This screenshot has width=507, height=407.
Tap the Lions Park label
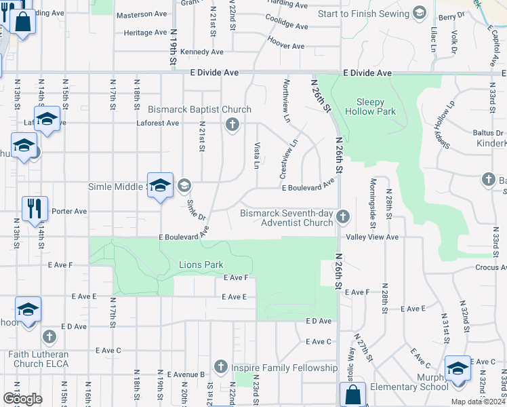tap(201, 264)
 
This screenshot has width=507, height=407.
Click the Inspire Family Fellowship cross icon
tap(220, 368)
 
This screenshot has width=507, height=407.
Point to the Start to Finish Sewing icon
tap(419, 13)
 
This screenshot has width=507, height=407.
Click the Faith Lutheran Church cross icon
tap(49, 336)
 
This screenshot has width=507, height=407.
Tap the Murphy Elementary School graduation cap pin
tap(458, 370)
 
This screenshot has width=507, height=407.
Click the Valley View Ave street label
tap(372, 237)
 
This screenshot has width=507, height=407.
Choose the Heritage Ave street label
tap(146, 33)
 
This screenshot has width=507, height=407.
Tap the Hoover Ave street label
tap(285, 45)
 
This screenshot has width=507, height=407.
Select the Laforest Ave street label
tap(158, 123)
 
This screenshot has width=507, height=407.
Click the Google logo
tap(22, 398)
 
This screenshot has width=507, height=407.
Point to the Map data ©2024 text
tap(478, 402)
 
